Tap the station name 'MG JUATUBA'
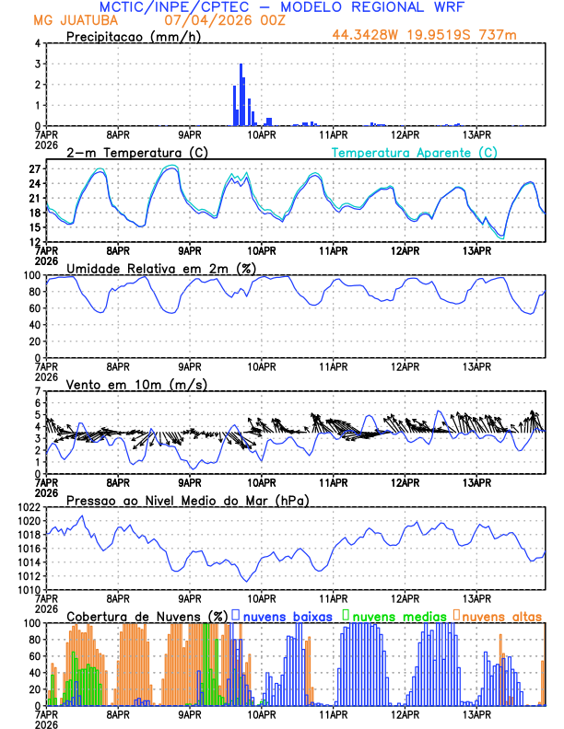point(69,21)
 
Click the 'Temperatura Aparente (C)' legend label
point(415,152)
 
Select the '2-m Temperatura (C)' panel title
point(129,152)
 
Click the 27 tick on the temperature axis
point(32,169)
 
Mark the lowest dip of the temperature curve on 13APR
point(501,237)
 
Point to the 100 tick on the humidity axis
point(29,275)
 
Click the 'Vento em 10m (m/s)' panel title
point(136,384)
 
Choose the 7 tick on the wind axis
point(37,392)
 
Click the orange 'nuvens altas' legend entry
point(502,615)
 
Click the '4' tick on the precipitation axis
point(37,43)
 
